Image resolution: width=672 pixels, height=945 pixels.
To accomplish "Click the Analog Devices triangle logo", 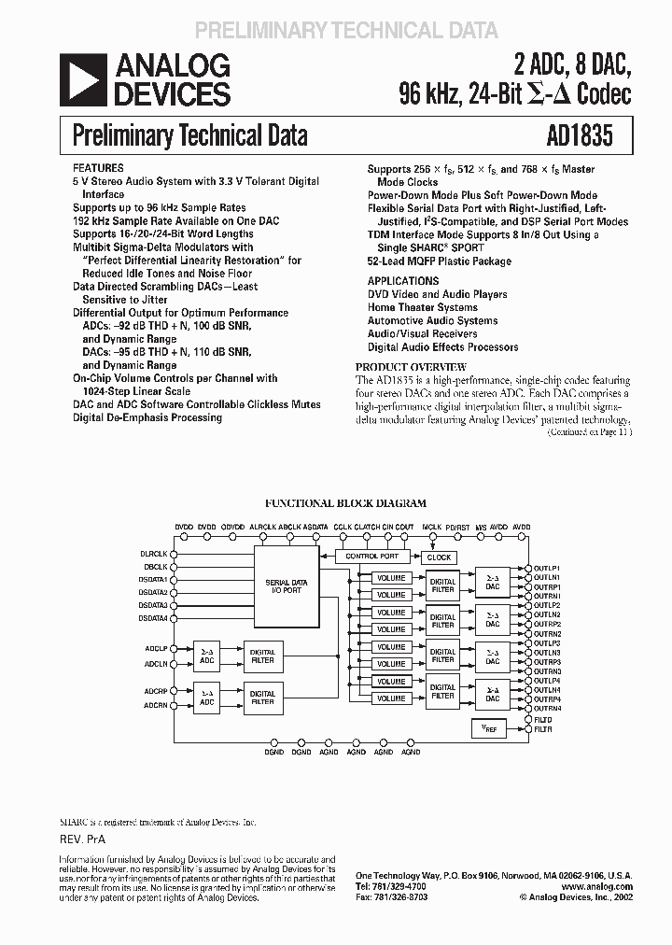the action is pos(82,79).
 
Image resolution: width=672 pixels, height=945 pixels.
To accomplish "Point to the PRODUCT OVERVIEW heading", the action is pos(411,367).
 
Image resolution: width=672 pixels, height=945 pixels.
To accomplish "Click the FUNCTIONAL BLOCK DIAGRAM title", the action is pos(345,503).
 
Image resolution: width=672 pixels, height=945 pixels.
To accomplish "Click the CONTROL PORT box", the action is pos(371,557).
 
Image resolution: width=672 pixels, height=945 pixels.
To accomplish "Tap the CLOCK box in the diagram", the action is pos(439,557).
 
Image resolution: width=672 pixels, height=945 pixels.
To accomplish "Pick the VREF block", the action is pos(489,728).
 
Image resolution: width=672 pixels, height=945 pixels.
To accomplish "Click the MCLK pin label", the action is pos(431,528).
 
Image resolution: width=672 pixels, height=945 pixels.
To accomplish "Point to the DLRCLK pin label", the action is pos(154,553).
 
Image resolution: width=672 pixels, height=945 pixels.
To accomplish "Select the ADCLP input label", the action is pos(156,647).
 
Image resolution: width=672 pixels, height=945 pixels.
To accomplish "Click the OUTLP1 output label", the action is pos(547,568).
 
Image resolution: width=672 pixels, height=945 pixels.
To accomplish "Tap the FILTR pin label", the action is pos(543,728).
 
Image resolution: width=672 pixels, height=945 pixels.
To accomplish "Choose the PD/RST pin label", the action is pos(457,528).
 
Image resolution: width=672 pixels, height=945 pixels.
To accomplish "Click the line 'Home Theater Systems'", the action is pos(422,307).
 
